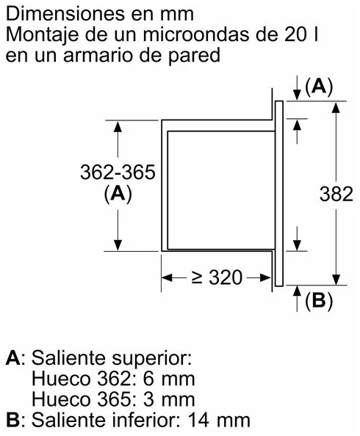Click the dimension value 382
[336, 194]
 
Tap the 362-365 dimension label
[118, 172]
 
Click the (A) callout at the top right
[319, 87]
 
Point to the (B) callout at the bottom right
[319, 301]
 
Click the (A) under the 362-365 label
[118, 194]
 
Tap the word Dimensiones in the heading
[65, 14]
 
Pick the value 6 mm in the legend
[169, 379]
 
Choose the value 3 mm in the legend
[169, 399]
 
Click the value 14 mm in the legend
[219, 420]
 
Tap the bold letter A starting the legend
[13, 358]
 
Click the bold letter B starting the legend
[12, 420]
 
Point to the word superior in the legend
[152, 360]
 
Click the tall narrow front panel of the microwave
[279, 193]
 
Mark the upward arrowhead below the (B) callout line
[298, 291]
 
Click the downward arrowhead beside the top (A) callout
[298, 95]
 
